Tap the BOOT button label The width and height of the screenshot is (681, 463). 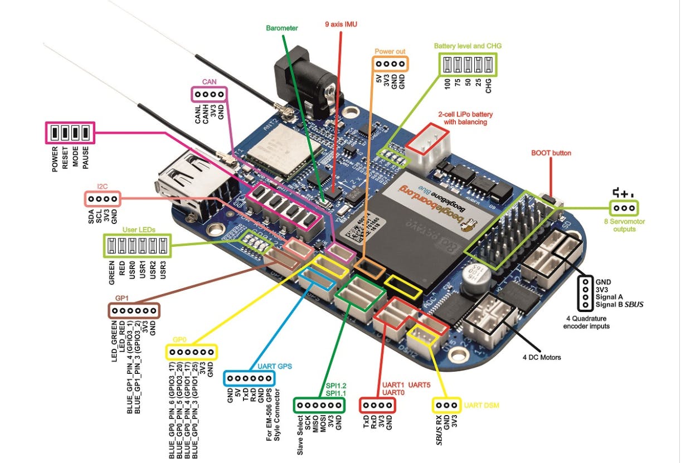click(x=551, y=153)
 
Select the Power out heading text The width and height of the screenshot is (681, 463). click(x=390, y=51)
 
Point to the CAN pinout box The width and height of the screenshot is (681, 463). click(x=210, y=94)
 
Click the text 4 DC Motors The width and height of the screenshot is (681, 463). click(x=541, y=357)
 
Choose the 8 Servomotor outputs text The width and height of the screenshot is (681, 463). click(x=624, y=225)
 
